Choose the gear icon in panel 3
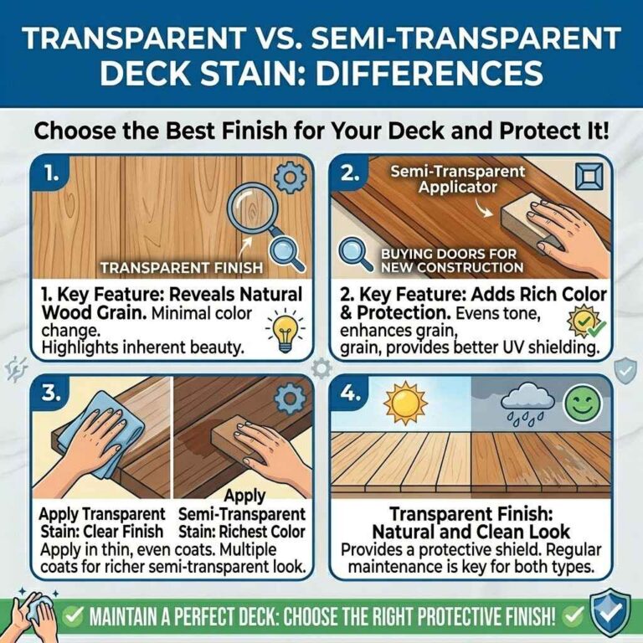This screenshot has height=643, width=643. pyautogui.click(x=290, y=399)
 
